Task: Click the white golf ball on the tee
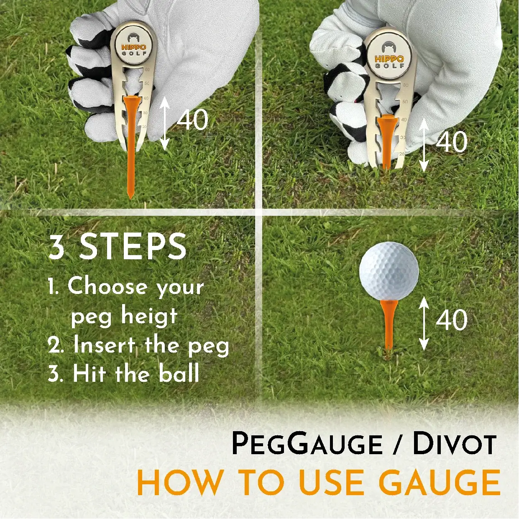[x=389, y=271]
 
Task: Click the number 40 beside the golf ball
[x=452, y=320]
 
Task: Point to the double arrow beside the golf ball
[x=424, y=323]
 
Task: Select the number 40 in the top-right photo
[x=452, y=142]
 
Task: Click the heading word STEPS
[x=133, y=247]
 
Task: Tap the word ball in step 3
[x=179, y=373]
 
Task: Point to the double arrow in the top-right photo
[x=424, y=145]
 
